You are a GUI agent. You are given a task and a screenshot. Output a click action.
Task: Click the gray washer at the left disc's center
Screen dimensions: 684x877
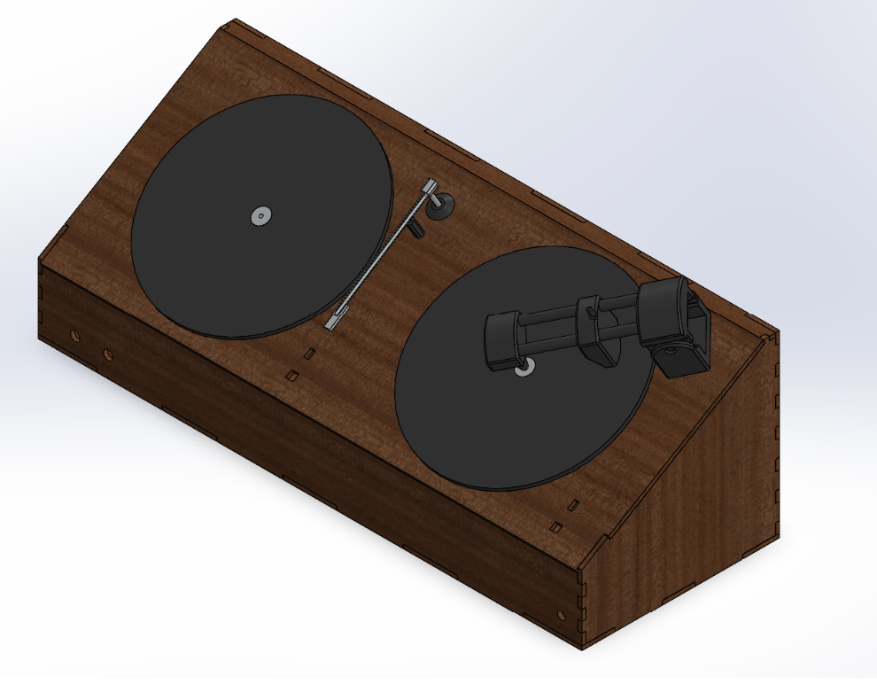coord(260,215)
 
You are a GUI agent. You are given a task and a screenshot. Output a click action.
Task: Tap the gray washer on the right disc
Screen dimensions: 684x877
coord(524,369)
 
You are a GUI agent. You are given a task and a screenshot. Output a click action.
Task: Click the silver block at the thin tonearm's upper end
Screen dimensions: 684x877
coord(430,187)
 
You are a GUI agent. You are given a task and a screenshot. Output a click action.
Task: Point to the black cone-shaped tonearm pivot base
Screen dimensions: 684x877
coord(440,207)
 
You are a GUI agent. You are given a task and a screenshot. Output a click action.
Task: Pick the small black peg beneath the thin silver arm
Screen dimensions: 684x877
coord(418,230)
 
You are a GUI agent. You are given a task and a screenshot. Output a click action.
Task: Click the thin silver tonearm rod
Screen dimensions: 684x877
coord(381,254)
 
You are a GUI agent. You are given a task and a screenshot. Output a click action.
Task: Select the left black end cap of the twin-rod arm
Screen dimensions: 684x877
coord(501,339)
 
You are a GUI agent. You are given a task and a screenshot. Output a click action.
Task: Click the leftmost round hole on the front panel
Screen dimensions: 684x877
coord(74,337)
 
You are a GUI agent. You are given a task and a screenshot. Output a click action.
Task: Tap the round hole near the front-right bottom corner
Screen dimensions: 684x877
coord(560,614)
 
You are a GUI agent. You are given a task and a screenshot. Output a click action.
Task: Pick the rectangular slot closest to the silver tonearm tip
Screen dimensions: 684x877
coord(309,353)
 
